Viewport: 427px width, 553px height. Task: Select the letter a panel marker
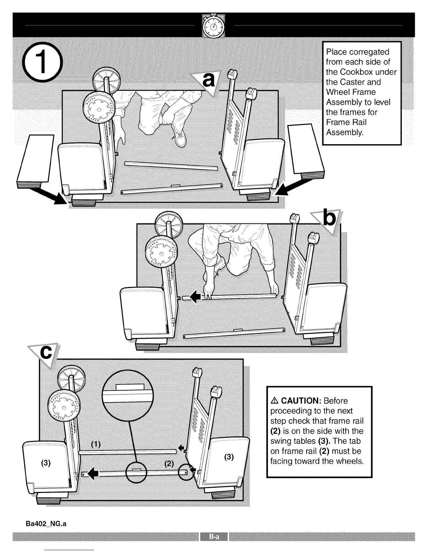pos(208,81)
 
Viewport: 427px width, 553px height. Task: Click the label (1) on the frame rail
pos(96,444)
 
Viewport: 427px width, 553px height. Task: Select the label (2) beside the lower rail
pos(169,464)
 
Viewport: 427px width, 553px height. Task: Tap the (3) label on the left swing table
pos(46,463)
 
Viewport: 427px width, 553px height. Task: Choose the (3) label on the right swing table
pos(229,457)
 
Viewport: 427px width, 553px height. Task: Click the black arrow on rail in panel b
pos(195,297)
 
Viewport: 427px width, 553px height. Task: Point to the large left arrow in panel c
pos(93,474)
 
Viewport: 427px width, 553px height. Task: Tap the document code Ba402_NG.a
pos(46,524)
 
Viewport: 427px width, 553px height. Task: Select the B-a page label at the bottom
pos(213,537)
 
